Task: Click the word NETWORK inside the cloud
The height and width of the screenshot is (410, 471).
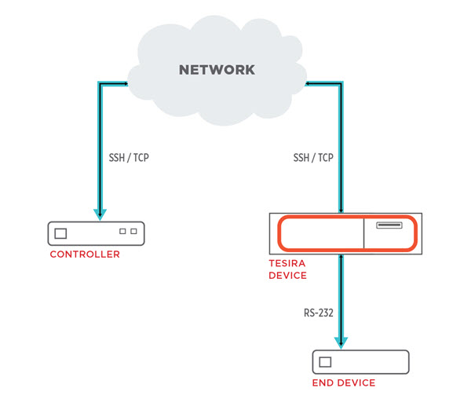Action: [x=217, y=70]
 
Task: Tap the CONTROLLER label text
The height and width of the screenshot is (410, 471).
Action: [x=85, y=254]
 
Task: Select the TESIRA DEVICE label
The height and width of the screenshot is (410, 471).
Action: [x=287, y=270]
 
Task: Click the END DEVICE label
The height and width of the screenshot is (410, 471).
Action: [x=344, y=383]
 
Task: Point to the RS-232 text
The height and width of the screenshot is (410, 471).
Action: [x=319, y=313]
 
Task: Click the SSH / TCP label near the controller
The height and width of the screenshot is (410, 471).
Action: [x=129, y=158]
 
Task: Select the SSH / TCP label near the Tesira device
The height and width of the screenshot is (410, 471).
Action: [x=313, y=158]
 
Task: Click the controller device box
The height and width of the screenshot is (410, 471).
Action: [x=97, y=232]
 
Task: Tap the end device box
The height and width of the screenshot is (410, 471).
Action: [x=360, y=362]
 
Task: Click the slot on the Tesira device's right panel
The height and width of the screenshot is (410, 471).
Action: [x=389, y=226]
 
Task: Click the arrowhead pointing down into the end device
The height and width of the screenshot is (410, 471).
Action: [x=341, y=342]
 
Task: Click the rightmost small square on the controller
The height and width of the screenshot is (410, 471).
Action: [x=133, y=232]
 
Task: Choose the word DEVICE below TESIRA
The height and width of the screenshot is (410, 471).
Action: [x=287, y=276]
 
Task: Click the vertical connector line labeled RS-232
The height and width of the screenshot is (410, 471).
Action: [x=341, y=298]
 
